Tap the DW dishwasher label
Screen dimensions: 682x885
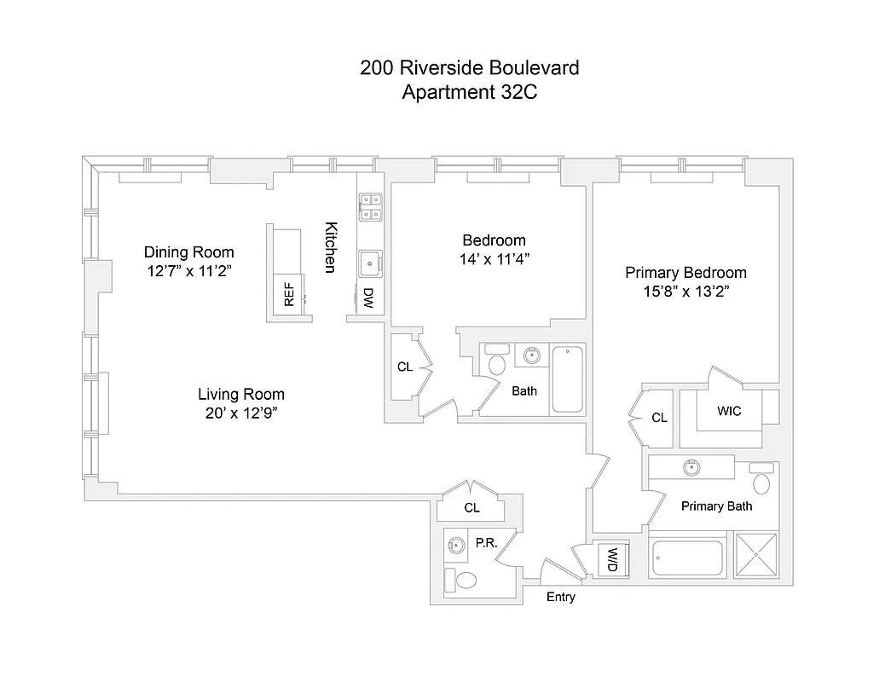pos(368,298)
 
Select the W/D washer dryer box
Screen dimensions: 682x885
pos(612,559)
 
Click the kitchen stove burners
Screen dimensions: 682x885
pos(372,206)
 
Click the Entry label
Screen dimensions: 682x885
pos(560,597)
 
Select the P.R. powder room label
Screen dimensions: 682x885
pos(487,542)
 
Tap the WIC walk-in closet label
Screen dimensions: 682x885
pos(729,411)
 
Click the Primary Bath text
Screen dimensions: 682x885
pos(716,506)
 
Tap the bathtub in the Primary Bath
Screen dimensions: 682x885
pos(686,559)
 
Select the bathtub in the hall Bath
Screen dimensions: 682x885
pos(567,379)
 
